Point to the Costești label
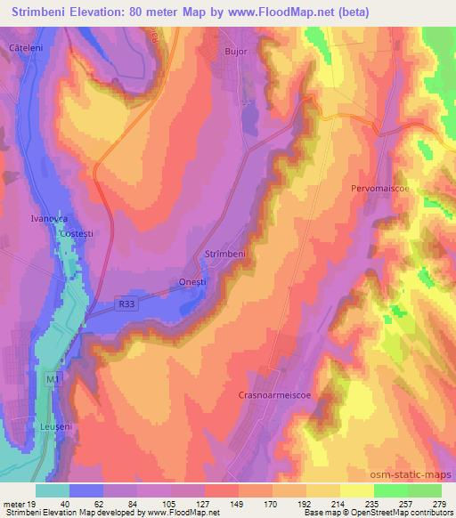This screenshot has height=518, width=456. (x=76, y=232)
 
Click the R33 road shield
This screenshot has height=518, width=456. (x=126, y=304)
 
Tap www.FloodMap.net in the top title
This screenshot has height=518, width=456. (x=270, y=12)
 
